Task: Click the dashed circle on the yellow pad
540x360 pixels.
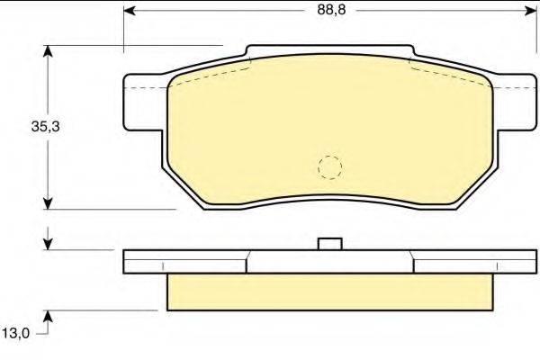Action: pyautogui.click(x=330, y=166)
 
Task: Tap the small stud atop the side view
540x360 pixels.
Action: pyautogui.click(x=330, y=244)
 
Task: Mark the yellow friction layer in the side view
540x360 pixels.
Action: pyautogui.click(x=330, y=291)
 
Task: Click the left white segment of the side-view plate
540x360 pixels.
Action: pyautogui.click(x=184, y=261)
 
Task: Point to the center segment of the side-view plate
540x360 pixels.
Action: pyautogui.click(x=330, y=261)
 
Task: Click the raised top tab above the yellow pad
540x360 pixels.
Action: pyautogui.click(x=330, y=56)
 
